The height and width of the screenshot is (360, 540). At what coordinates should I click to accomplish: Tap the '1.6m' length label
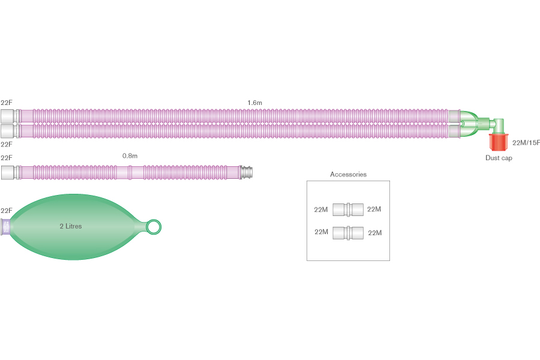254,103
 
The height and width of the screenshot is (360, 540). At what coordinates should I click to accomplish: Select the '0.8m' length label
130,156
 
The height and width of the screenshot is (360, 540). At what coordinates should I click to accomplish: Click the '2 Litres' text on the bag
70,226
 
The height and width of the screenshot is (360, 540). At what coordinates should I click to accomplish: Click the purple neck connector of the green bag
7,226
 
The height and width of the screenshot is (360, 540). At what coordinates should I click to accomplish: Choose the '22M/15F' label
526,143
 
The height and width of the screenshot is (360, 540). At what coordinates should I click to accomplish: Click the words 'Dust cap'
499,158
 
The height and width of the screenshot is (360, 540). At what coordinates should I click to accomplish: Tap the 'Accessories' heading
348,175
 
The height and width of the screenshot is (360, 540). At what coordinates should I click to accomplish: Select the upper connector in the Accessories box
348,209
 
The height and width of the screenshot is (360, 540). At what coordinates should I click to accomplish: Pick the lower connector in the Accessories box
348,232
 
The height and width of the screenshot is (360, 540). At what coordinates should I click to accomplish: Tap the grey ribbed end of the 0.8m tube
247,173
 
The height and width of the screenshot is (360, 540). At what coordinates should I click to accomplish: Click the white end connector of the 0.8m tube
8,173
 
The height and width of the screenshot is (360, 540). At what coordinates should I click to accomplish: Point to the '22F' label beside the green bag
7,211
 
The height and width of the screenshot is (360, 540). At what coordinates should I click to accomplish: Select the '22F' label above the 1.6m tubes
7,103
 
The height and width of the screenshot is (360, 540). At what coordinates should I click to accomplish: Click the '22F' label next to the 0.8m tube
7,158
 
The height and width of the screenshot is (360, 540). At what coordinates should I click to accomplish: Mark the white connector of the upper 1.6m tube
8,115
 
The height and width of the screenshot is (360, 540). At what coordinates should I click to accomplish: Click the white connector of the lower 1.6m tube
8,130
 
